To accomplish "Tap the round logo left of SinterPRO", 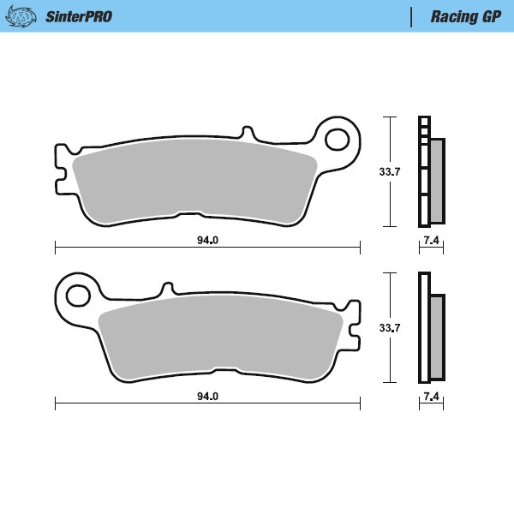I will coord(28,16).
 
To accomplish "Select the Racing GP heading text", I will coord(466,16).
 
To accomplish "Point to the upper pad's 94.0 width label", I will coord(207,240).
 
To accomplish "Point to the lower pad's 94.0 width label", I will coord(207,397).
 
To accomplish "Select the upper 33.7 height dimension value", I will coord(390,171).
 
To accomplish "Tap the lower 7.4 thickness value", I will coord(431,397).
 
